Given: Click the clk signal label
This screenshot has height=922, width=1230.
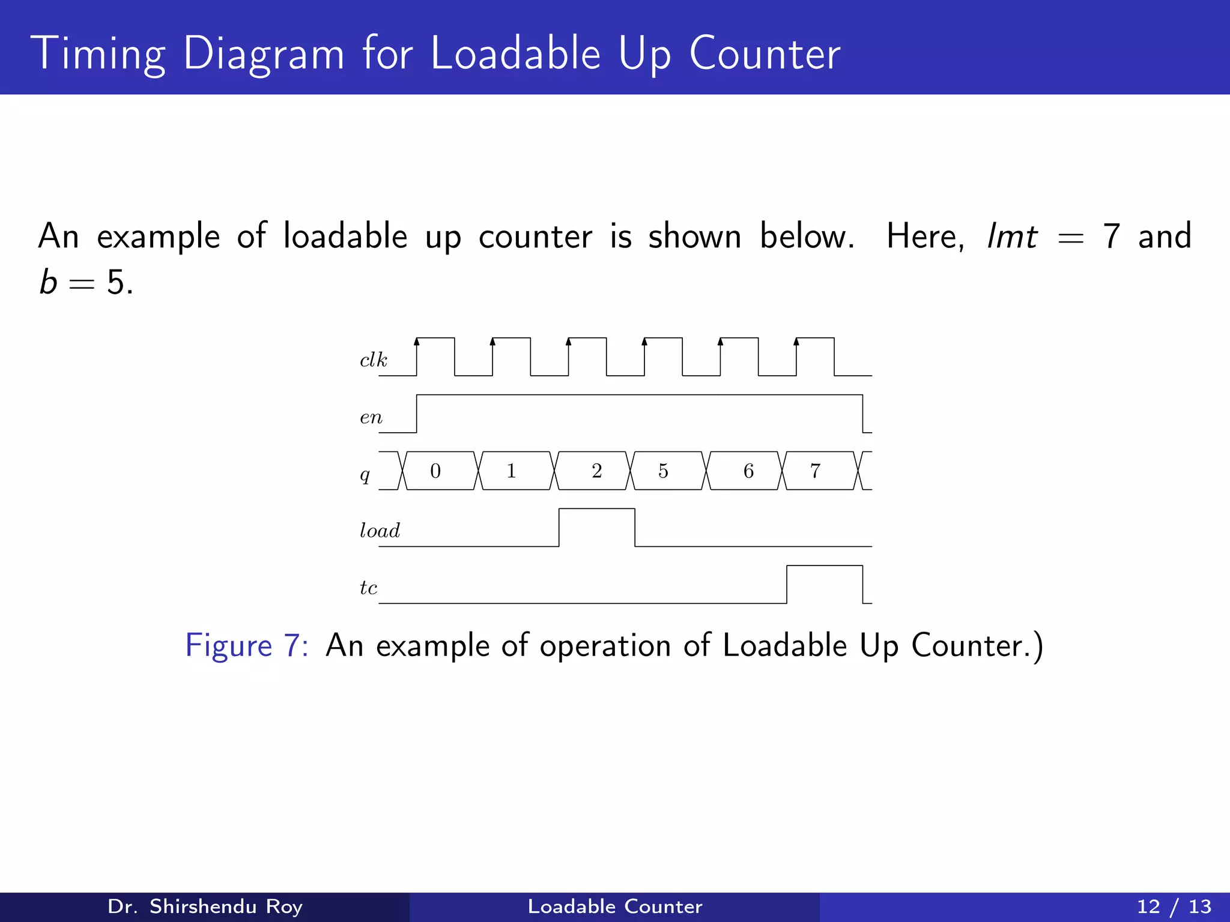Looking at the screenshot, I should point(374,360).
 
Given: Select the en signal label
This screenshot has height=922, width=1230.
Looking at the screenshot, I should point(371,417).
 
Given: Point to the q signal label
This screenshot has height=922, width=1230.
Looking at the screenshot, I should point(365,475).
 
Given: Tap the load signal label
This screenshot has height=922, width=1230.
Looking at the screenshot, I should point(380,531).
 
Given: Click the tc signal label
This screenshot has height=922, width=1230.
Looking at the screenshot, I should point(369,588).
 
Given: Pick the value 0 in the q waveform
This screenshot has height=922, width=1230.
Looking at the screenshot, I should point(435,471).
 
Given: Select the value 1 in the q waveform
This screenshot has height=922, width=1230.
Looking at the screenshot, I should point(511,471).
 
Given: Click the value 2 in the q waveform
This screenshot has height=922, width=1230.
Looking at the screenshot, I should point(596,471).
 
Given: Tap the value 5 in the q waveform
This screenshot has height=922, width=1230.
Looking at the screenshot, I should point(663,471).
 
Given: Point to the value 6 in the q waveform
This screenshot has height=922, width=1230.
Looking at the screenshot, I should point(748,471).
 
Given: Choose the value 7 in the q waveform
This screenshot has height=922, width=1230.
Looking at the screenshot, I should point(815,471).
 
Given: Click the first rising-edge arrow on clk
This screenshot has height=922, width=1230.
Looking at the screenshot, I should point(417,342).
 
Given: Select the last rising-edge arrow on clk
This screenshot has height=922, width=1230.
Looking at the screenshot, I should point(796,342).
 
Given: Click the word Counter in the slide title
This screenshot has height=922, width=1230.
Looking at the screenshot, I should point(765,54).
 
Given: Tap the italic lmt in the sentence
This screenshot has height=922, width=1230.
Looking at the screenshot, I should point(1013,236).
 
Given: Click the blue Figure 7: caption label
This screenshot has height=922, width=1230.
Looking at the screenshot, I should point(246,646).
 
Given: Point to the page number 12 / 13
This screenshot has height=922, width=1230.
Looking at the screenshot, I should point(1174,906).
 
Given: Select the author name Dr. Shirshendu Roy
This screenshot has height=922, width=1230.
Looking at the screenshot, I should point(205,906).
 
